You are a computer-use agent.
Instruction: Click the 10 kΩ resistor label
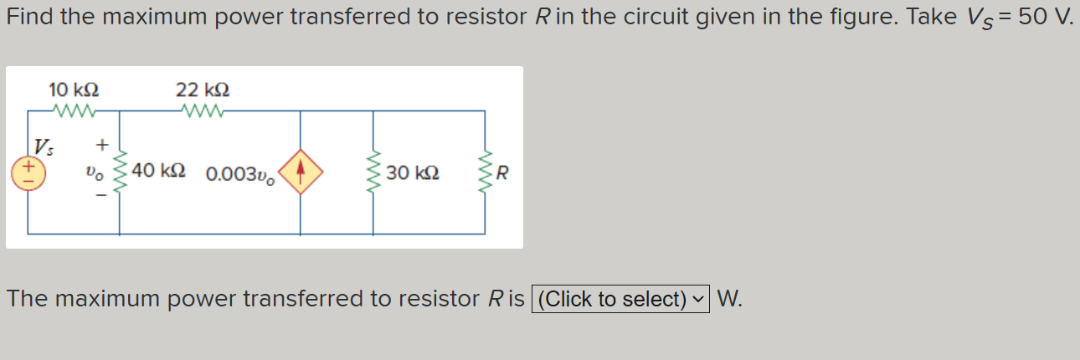pyautogui.click(x=75, y=89)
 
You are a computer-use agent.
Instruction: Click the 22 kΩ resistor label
pyautogui.click(x=203, y=89)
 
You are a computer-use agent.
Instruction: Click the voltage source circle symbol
pyautogui.click(x=27, y=172)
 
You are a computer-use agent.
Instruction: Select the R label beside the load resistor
pyautogui.click(x=502, y=174)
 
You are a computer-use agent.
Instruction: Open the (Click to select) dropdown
pyautogui.click(x=620, y=299)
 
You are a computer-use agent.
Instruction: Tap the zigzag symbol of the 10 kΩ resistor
pyautogui.click(x=75, y=111)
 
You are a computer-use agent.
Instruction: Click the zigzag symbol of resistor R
pyautogui.click(x=485, y=172)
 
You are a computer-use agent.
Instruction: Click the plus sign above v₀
pyautogui.click(x=102, y=146)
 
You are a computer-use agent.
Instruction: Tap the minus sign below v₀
pyautogui.click(x=102, y=198)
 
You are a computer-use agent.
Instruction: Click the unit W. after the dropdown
pyautogui.click(x=729, y=299)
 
